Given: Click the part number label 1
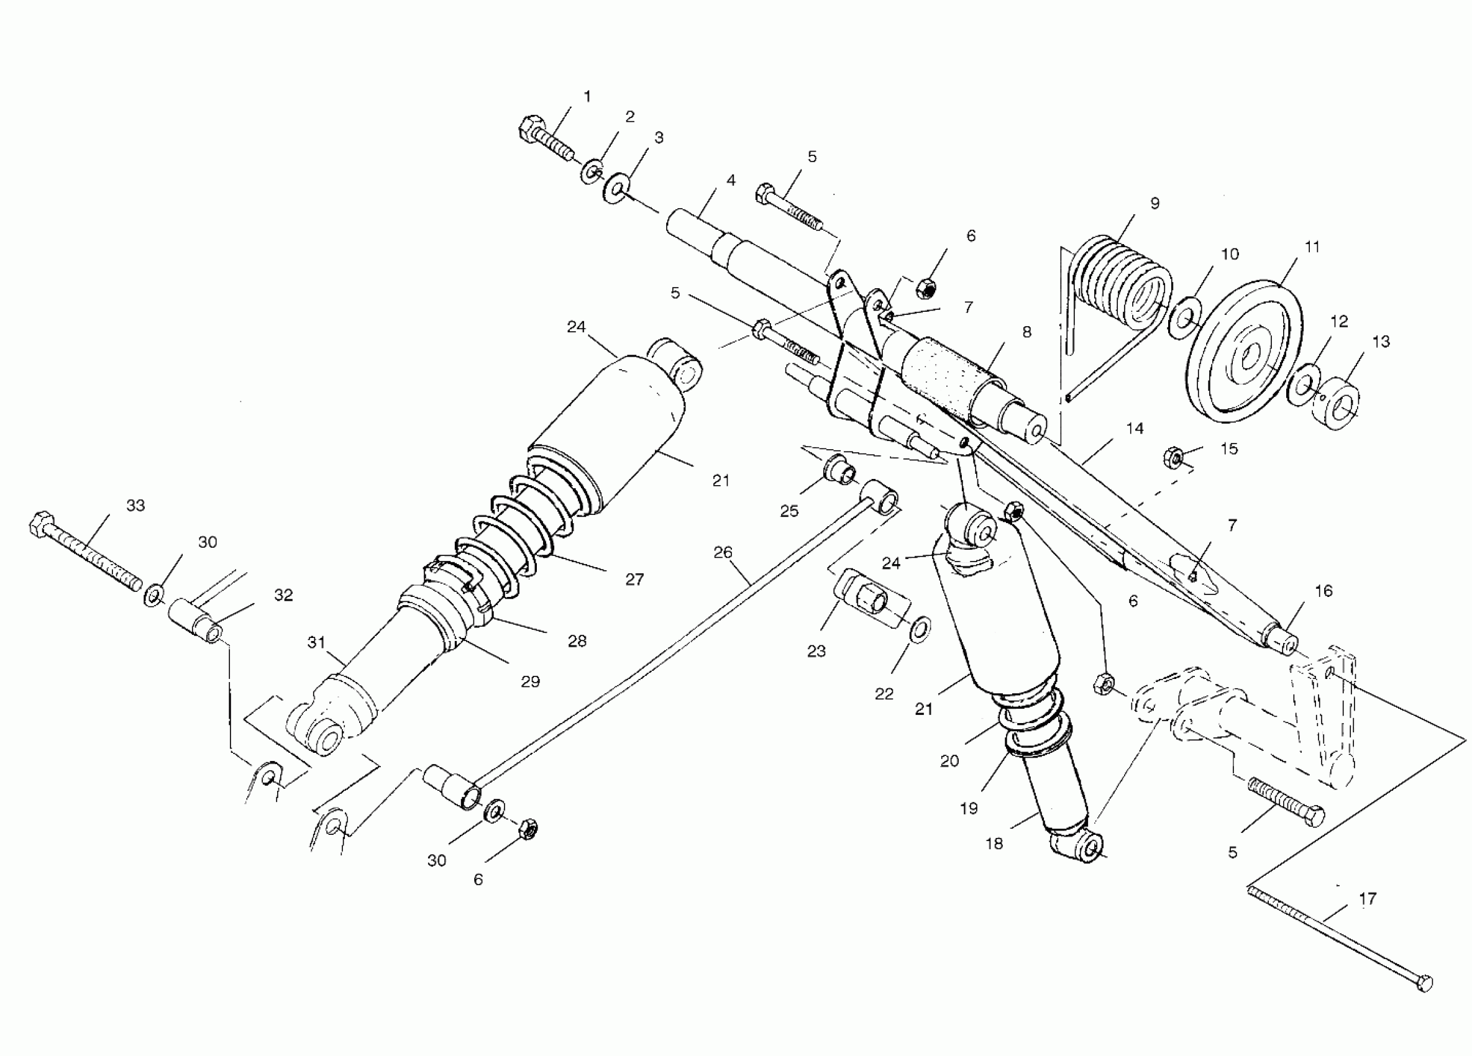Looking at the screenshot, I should tap(587, 97).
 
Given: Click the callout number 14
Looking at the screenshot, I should tap(1135, 429).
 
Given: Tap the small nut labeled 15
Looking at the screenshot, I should tap(1172, 458).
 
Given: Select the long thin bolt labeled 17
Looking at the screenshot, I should tap(1337, 949).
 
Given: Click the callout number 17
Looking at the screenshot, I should tap(1367, 899).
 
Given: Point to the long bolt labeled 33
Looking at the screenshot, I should tap(85, 552).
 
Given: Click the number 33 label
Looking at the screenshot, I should tap(135, 505).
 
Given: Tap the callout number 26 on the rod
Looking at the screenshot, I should tap(723, 553).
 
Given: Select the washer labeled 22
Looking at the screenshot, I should tap(920, 629).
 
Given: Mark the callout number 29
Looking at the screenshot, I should tap(530, 681).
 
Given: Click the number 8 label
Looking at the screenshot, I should tap(1026, 332).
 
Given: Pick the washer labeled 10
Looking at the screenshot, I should tap(1184, 319).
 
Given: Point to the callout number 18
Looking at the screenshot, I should tap(994, 844).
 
